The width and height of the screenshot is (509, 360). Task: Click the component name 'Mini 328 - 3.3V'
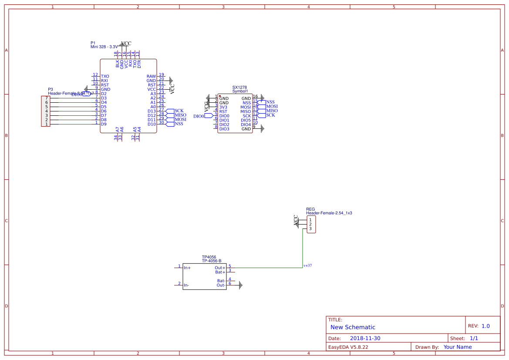[104, 47]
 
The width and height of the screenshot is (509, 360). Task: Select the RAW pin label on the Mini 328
[151, 76]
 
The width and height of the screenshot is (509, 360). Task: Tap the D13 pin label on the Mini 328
[151, 111]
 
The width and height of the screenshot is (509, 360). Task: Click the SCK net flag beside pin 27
[179, 111]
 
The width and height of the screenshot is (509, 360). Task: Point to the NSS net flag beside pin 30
[179, 124]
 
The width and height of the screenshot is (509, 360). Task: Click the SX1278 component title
[239, 87]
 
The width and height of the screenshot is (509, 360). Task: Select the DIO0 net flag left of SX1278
[199, 116]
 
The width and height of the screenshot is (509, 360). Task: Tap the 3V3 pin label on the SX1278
[223, 107]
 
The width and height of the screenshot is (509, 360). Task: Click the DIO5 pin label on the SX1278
[246, 120]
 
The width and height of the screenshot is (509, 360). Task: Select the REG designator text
[310, 209]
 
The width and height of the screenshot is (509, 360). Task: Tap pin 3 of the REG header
[310, 229]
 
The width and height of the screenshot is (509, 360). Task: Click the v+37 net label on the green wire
[308, 265]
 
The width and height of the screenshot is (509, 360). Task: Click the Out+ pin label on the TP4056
[220, 268]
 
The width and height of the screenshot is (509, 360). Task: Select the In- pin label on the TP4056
[186, 286]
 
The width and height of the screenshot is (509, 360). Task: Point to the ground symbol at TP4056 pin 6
[240, 285]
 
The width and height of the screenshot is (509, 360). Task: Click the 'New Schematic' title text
[353, 327]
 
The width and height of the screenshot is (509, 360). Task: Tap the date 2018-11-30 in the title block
[365, 338]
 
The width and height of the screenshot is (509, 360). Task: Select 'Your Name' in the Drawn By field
[457, 347]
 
